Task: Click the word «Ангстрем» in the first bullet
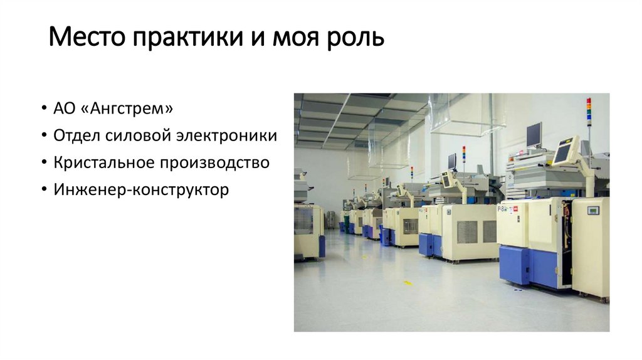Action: (130, 109)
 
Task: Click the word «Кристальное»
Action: (98, 163)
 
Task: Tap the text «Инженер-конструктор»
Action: (142, 189)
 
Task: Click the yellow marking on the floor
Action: (408, 283)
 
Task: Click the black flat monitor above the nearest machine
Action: (534, 134)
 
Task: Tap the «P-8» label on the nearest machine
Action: (502, 208)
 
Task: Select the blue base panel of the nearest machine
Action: (515, 264)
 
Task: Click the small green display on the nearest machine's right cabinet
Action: (593, 210)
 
